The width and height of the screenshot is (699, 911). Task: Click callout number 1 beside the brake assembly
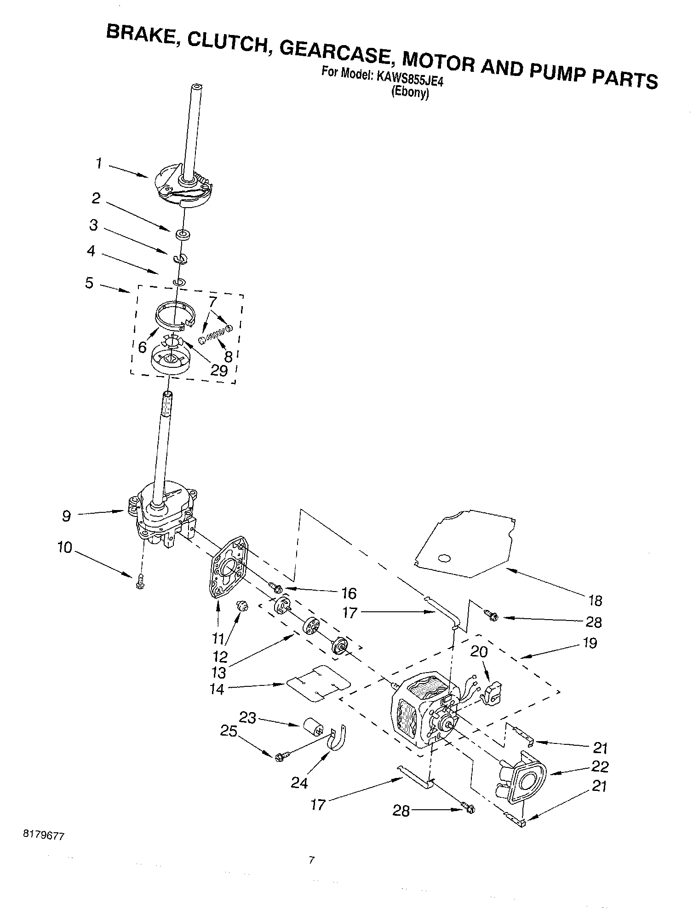(x=98, y=163)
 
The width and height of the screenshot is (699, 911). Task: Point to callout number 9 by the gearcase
(x=67, y=516)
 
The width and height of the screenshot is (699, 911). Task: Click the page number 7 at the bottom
(x=312, y=859)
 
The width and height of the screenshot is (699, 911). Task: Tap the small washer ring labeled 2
(x=183, y=236)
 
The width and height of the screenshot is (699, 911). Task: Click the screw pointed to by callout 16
(x=275, y=587)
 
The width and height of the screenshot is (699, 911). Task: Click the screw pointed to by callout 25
(x=281, y=756)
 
